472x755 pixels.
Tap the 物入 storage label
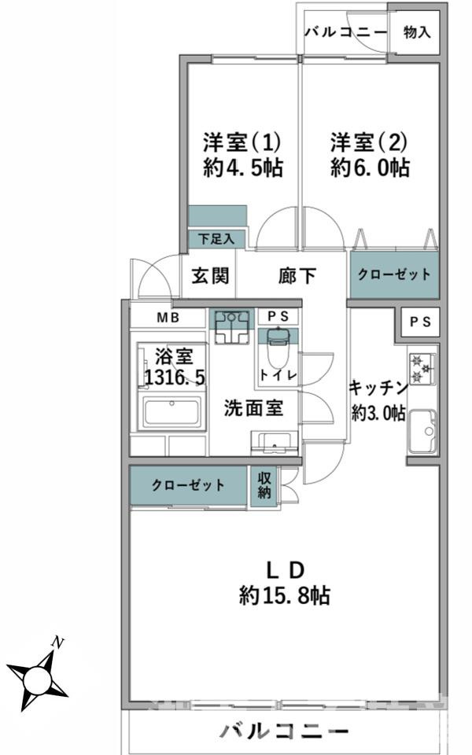point(417,32)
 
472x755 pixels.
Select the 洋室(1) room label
point(242,142)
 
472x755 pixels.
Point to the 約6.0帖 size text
point(370,168)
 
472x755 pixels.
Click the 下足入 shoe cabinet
point(217,239)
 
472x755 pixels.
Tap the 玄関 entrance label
point(210,276)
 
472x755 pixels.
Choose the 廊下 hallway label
point(297,276)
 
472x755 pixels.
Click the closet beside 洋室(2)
point(394,275)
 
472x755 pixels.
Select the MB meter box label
point(168,318)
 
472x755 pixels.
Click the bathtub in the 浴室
point(171,413)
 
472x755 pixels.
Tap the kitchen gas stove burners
point(422,368)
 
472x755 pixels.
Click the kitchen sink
point(422,431)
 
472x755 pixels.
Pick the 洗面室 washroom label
point(253,408)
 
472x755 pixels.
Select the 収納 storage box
point(264,486)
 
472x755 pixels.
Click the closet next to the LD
point(189,485)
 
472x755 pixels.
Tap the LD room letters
point(286,570)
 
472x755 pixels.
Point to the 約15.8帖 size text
point(285,595)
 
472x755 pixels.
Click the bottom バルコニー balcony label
point(284,731)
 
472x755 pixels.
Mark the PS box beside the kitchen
point(420,322)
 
